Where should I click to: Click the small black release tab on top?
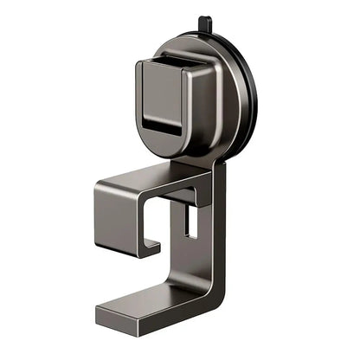coord(203,23)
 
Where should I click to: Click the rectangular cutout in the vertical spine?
coord(191,223)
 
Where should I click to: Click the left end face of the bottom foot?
coord(102,318)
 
